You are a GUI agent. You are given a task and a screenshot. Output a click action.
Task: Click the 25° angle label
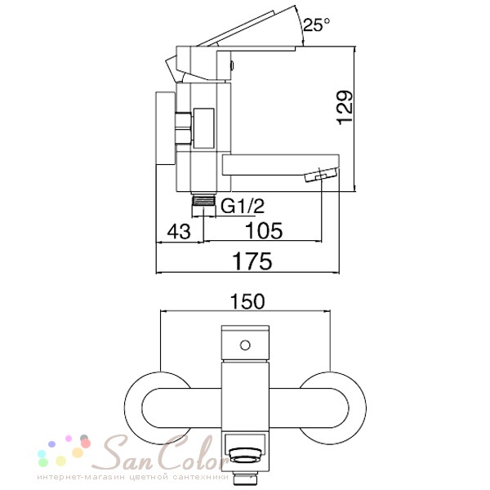pyautogui.click(x=316, y=24)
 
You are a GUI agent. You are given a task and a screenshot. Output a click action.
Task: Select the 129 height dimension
pyautogui.click(x=345, y=108)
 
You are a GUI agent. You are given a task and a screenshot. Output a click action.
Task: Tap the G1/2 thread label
pyautogui.click(x=243, y=206)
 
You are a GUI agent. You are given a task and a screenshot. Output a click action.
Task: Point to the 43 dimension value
pyautogui.click(x=179, y=232)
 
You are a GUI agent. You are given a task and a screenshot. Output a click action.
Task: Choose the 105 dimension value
pyautogui.click(x=264, y=230)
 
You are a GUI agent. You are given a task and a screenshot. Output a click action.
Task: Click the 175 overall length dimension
pyautogui.click(x=252, y=261)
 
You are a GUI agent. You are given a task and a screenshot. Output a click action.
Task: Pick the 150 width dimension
pyautogui.click(x=247, y=301)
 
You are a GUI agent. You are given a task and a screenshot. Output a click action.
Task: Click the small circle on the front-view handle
pyautogui.click(x=245, y=345)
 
